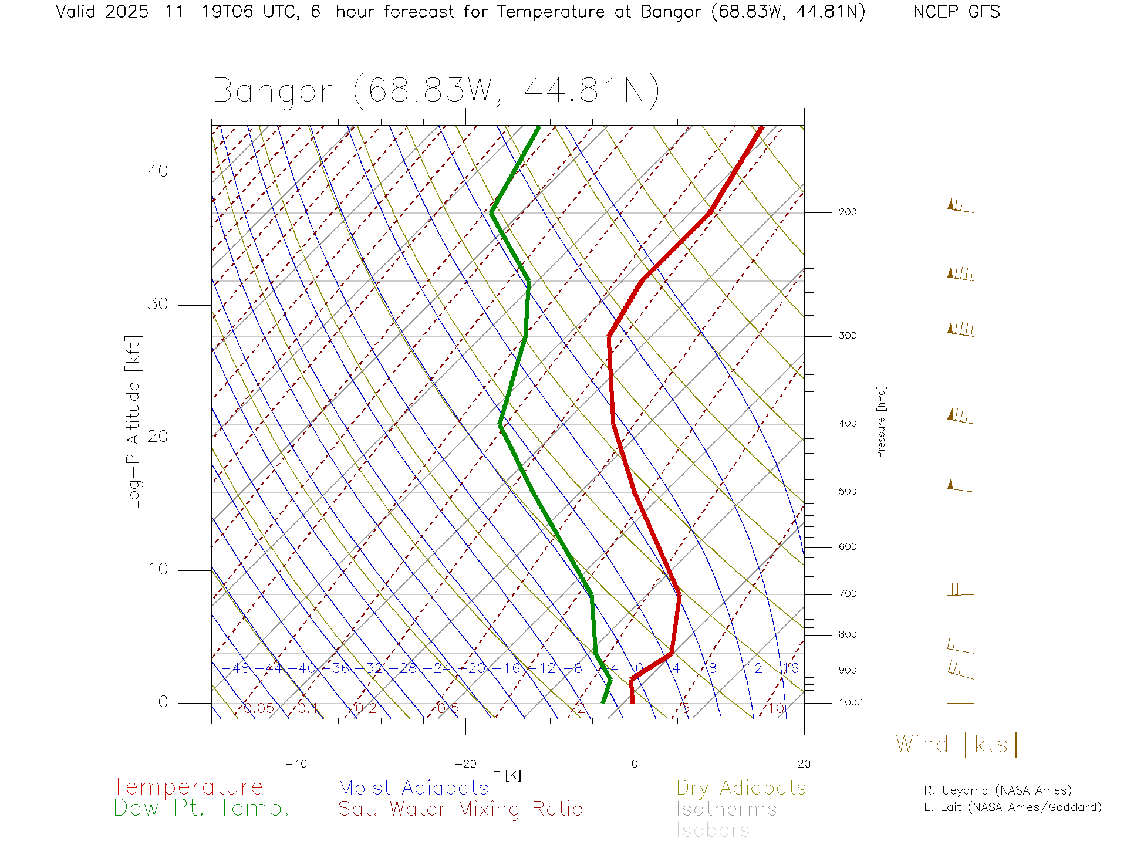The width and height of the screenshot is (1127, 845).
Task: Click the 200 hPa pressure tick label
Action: [x=847, y=212]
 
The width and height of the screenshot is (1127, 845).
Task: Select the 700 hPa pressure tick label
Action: [x=847, y=594]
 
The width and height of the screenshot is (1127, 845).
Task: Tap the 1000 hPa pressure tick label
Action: [x=851, y=702]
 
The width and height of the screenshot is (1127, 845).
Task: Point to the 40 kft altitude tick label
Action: [x=157, y=171]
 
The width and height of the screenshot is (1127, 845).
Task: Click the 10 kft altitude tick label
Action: [x=157, y=569]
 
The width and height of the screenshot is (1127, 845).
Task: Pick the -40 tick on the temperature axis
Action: [x=296, y=764]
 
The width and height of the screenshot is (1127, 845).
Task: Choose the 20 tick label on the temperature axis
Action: [x=804, y=764]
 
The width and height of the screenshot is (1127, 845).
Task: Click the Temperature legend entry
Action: [x=188, y=787]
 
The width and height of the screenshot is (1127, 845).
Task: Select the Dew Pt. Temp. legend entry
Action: [x=201, y=809]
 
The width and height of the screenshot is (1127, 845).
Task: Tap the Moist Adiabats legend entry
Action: [x=413, y=788]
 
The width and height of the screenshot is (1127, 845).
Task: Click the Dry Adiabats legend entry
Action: [x=741, y=788]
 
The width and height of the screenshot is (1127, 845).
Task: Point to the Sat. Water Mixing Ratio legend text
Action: [x=460, y=809]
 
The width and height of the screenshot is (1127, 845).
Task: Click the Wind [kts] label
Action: [x=957, y=745]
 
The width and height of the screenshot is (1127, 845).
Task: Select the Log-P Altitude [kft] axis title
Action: [x=134, y=422]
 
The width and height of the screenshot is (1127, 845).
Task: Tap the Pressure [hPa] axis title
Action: [x=881, y=421]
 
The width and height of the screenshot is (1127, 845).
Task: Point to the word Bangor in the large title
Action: [x=273, y=92]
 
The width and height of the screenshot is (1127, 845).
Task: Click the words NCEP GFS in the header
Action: [x=956, y=12]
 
